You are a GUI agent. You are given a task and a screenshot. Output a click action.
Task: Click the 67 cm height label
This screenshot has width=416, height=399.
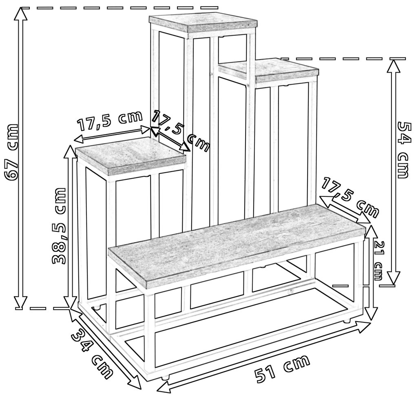(12, 152)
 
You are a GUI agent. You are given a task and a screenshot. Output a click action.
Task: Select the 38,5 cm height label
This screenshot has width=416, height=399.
(59, 226)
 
